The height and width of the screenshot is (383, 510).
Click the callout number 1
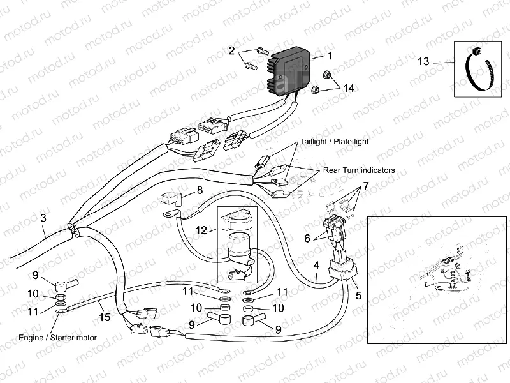330,56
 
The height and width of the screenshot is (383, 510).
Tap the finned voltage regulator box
291,70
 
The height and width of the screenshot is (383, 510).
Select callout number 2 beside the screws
232,50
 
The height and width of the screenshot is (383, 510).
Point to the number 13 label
424,62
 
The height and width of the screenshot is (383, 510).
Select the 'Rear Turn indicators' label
358,170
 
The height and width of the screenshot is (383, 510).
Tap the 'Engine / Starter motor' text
50,334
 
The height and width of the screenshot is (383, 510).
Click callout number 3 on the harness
43,218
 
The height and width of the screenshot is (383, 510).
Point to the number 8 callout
199,190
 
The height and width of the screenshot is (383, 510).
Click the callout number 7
366,186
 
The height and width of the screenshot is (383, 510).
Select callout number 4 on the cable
316,266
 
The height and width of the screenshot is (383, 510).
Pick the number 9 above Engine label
36,275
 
